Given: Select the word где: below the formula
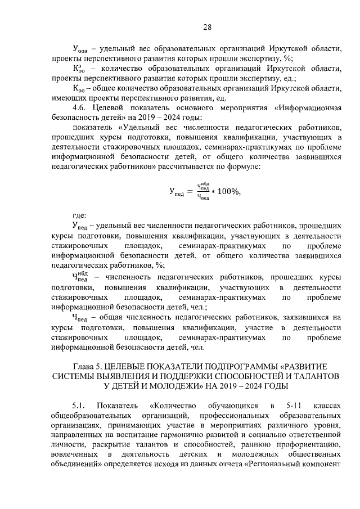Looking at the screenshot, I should [79, 215].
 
